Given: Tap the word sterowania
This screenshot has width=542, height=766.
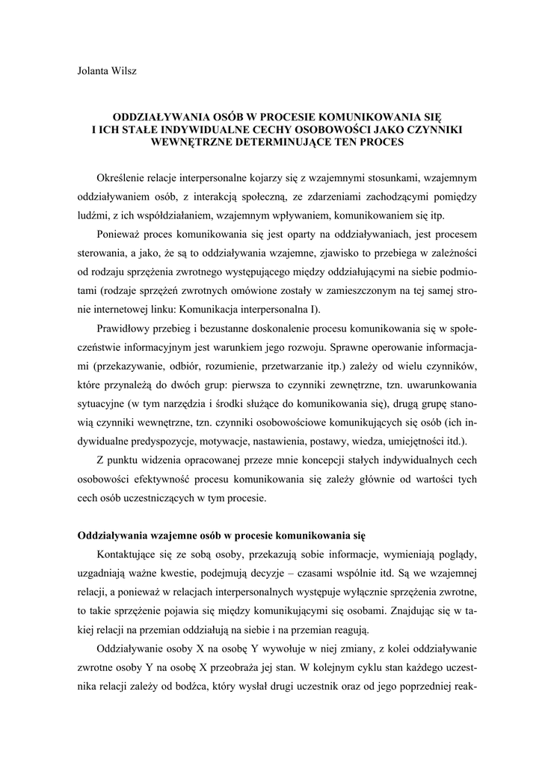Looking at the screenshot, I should [104, 253].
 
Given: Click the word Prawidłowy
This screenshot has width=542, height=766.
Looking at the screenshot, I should [123, 328].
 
